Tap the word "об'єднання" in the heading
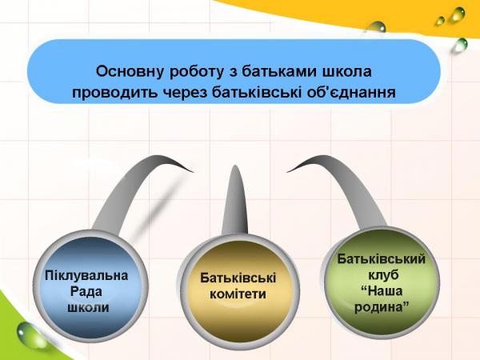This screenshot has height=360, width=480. (351, 92)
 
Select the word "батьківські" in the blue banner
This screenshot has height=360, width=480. (256, 92)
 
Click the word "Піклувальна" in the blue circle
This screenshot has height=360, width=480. (86, 276)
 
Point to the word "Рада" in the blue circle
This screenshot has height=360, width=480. (86, 291)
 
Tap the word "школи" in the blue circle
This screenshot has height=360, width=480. (88, 307)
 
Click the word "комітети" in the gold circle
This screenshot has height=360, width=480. (238, 294)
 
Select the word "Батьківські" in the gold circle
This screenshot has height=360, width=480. (238, 278)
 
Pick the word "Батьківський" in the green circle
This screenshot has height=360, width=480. (381, 259)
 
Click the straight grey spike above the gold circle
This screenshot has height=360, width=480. (235, 202)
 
